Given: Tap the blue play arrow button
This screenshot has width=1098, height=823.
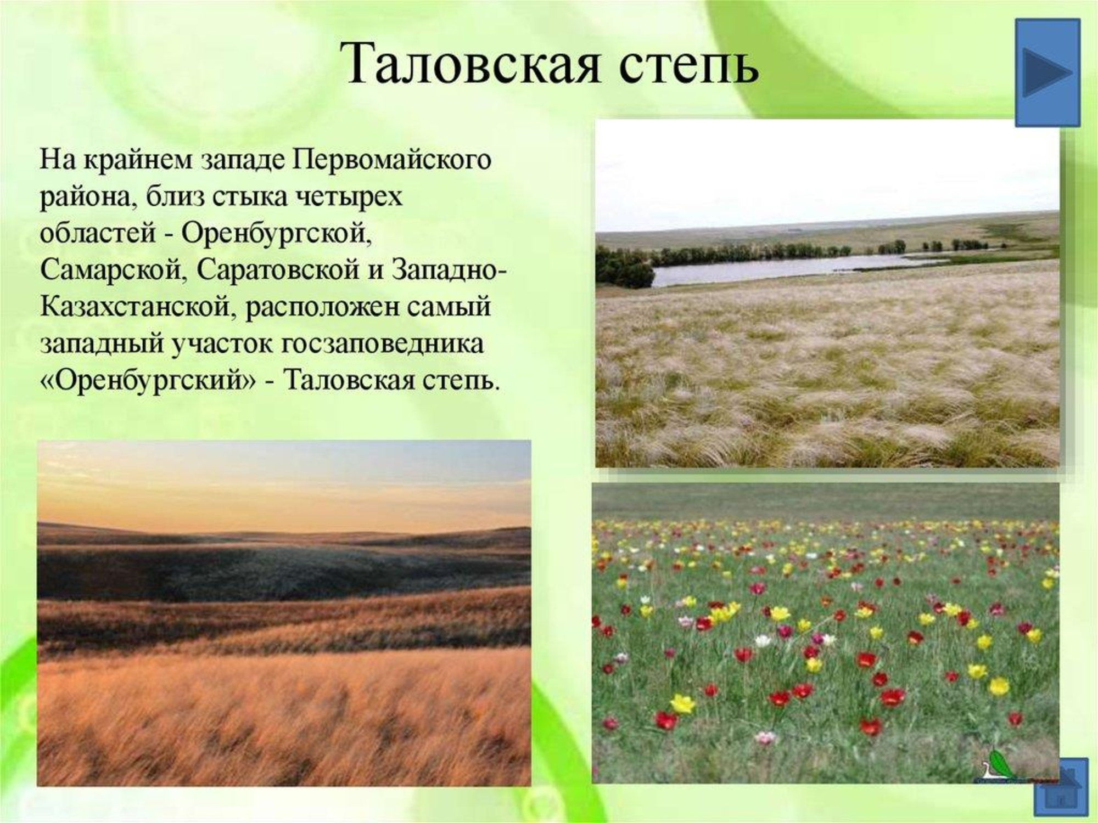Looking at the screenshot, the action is point(1047,72).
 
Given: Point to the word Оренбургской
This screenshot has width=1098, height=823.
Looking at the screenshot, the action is point(276,234).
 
